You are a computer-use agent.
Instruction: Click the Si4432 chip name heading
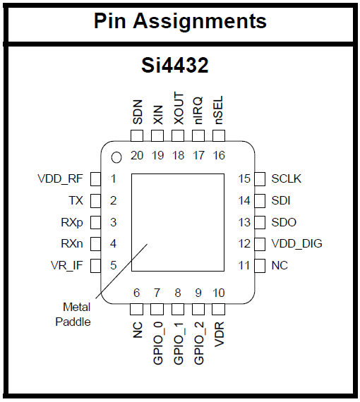point(175,65)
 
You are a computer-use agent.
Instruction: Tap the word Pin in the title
point(110,20)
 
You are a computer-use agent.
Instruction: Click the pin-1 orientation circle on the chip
point(116,157)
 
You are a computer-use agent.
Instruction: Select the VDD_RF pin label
point(60,179)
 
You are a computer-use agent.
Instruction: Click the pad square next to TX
point(95,200)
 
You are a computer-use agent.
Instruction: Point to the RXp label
point(72,223)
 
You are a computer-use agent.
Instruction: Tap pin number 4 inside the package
point(113,243)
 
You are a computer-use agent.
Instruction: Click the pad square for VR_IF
point(95,265)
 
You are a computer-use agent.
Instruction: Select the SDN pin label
point(137,111)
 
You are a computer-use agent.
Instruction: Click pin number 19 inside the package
point(157,155)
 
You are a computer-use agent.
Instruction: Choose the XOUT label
point(179,109)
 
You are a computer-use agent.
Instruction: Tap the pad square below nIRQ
point(198,135)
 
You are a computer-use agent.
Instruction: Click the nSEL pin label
point(218,110)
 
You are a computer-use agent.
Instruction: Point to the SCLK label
point(287,178)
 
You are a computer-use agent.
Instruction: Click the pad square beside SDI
point(260,200)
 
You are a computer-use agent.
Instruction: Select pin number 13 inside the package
point(244,222)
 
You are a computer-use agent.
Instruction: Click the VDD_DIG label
point(297,243)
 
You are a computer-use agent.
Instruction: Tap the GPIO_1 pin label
point(179,343)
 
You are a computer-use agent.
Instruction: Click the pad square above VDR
point(219,309)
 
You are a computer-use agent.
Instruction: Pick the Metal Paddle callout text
point(73,315)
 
